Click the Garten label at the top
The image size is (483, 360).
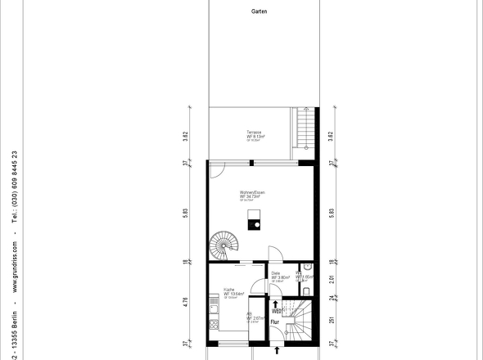pos(259,12)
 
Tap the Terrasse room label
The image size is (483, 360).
pos(255,133)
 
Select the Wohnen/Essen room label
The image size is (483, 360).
pos(251,192)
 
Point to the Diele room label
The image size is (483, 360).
pos(276,274)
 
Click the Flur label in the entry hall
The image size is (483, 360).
pos(276,322)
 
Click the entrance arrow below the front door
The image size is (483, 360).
pos(277,350)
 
